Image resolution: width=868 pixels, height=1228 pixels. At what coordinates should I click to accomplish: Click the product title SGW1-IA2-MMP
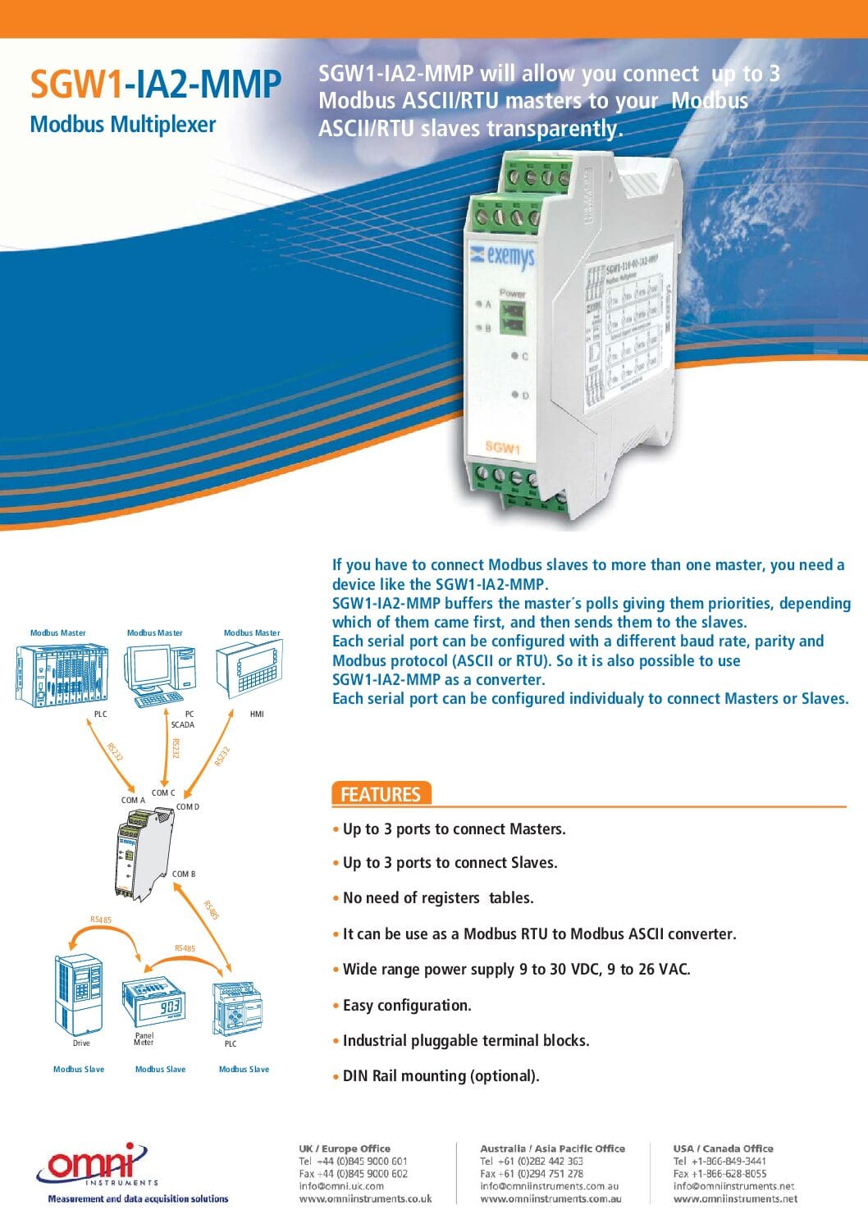pos(155,84)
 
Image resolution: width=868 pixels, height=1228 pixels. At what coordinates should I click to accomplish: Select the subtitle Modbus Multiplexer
pos(123,125)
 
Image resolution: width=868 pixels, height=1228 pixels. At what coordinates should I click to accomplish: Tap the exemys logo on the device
pos(502,257)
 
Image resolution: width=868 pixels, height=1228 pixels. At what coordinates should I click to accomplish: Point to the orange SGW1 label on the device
pos(502,447)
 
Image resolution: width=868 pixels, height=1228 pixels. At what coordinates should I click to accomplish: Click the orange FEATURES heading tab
pos(381,794)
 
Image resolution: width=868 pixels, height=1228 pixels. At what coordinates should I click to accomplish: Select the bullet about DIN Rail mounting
pos(441,1075)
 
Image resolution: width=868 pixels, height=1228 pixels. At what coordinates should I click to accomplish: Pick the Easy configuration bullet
pos(407,1005)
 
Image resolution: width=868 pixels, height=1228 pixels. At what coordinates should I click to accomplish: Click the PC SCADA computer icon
pos(160,676)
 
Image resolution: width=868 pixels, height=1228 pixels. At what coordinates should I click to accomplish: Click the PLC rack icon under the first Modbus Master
pos(62,674)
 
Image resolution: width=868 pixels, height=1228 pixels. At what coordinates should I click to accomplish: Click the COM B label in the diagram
pos(184,874)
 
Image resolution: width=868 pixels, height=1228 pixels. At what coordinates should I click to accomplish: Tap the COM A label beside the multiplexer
pos(133,800)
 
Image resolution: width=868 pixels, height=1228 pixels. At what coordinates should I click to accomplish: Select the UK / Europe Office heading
pos(345,1148)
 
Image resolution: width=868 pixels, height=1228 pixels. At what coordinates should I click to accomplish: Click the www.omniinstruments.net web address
pos(735,1198)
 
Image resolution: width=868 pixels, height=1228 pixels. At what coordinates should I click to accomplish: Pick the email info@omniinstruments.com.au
pos(550,1186)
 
